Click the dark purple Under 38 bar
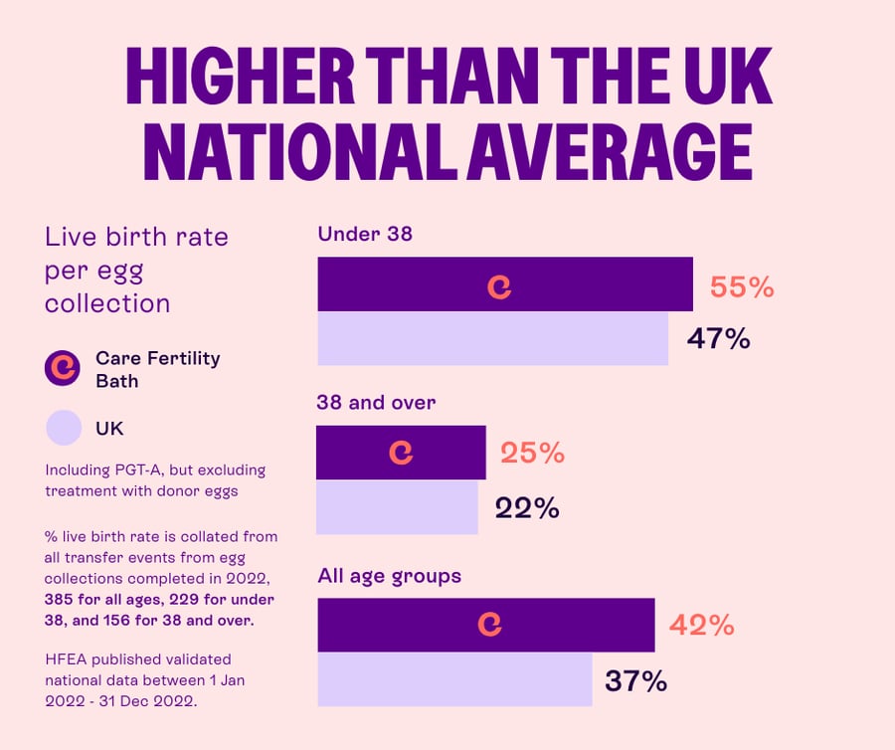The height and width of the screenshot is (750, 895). coord(577,284)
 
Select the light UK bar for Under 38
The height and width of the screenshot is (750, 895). coord(492,338)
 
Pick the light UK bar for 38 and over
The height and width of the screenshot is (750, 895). coord(397,507)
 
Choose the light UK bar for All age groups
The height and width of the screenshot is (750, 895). coord(454,679)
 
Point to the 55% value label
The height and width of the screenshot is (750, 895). coord(741,287)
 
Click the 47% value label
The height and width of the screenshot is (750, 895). coord(718,338)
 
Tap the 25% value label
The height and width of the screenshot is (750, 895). coord(532,453)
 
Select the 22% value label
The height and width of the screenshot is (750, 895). coord(527,508)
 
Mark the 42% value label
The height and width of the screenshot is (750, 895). coord(701,625)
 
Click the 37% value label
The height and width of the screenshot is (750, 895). coord(635,680)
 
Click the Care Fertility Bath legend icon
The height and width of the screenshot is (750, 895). coord(63,368)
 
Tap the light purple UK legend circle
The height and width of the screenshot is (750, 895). coord(63,429)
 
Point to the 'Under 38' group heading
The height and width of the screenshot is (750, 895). coord(364,235)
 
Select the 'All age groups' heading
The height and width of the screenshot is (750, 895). coord(389,575)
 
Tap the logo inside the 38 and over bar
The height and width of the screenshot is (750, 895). coord(401,453)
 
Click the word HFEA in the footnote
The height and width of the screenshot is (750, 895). coord(68,658)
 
